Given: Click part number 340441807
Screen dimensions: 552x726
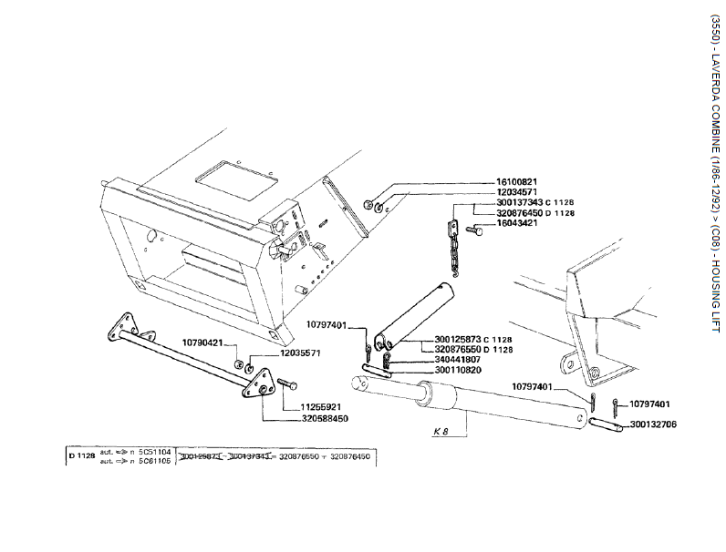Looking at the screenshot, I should (x=459, y=360).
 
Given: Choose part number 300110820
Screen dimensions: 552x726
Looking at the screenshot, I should (x=459, y=371).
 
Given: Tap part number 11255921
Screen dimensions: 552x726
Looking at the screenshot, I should (x=322, y=406).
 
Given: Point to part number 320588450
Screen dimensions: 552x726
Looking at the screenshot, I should (x=324, y=418).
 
